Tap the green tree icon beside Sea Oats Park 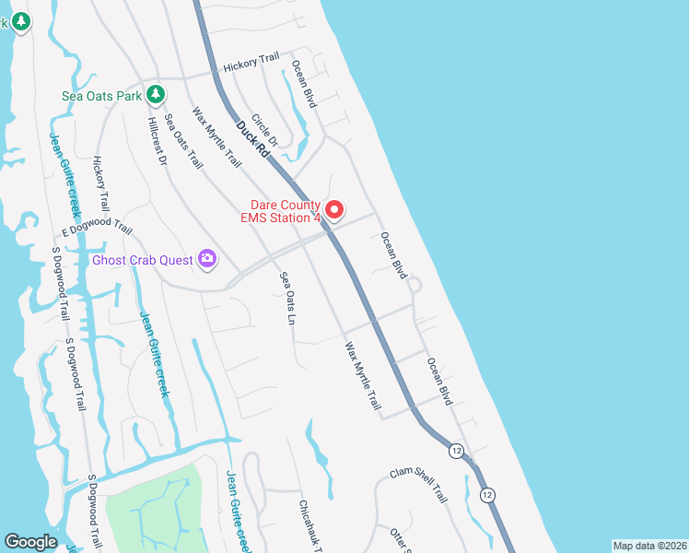[x=157, y=93]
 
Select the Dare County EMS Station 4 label [x=285, y=211]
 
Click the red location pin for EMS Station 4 [x=336, y=210]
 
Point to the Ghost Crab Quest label [x=143, y=259]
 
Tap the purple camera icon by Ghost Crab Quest [x=207, y=259]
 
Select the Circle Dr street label [x=264, y=135]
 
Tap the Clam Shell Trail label [x=418, y=483]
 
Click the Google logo [x=31, y=542]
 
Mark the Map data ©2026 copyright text [x=648, y=546]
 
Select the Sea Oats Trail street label [x=182, y=141]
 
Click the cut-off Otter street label [x=399, y=540]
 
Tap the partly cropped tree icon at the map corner [x=19, y=22]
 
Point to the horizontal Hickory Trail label [x=251, y=64]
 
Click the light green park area [x=152, y=507]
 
